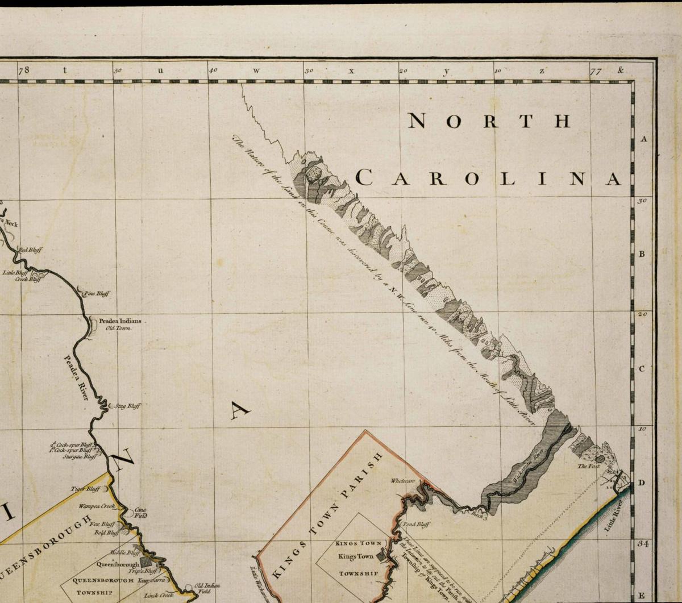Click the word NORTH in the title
tap(489, 121)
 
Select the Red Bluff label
tap(31, 250)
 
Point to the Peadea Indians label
tap(120, 321)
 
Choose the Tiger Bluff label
tap(85, 489)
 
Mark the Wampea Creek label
tap(97, 505)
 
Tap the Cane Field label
tap(140, 513)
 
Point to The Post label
tap(589, 466)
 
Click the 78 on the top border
tap(23, 70)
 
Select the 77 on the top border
tap(596, 71)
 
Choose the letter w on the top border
tap(256, 71)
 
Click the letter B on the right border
tap(642, 254)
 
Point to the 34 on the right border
tap(643, 544)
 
